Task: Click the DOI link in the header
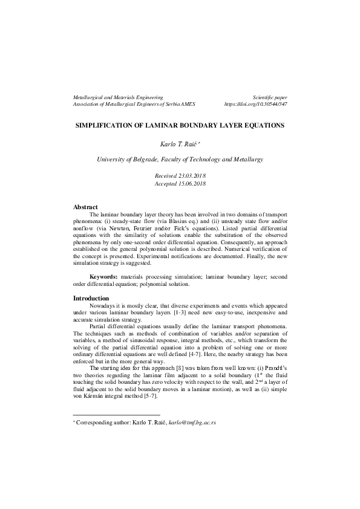coord(255,104)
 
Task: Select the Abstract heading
coord(85,207)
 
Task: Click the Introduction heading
coord(91,298)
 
